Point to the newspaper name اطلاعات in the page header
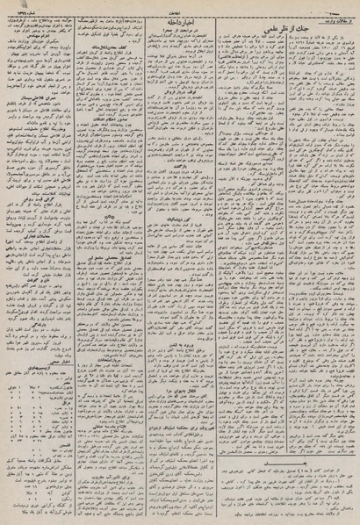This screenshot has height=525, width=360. coord(179,4)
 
